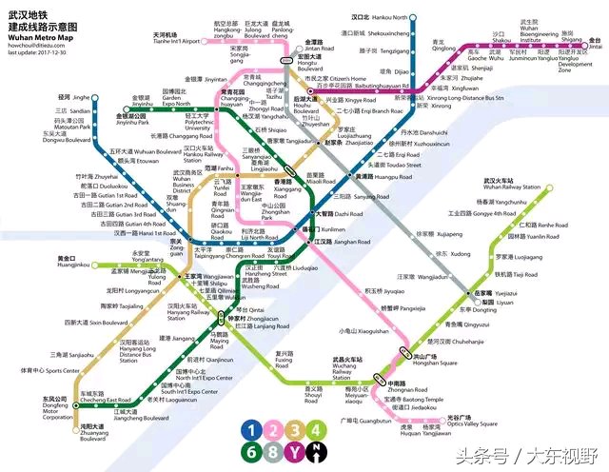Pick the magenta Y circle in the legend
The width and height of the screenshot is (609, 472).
click(295, 451)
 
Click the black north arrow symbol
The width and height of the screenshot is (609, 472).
click(317, 451)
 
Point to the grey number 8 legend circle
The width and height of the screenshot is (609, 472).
click(274, 451)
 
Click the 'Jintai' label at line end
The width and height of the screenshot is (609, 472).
click(595, 44)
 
